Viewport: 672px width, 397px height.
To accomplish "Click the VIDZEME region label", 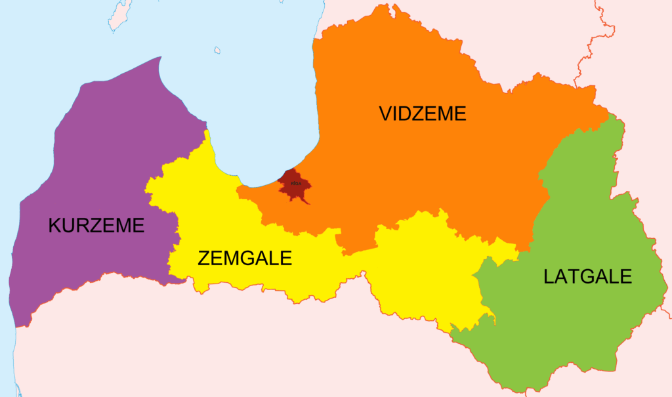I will coord(423,114).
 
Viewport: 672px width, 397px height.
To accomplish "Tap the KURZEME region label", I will coord(96,226).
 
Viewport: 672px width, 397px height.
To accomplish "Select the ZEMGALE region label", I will coord(244,258).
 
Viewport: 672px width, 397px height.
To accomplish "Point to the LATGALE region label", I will coord(587,276).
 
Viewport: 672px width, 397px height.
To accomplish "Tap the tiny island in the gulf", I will coord(217,50).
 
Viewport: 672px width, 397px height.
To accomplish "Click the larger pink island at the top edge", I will coord(120,15).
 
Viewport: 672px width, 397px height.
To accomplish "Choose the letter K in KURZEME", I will coord(55,226).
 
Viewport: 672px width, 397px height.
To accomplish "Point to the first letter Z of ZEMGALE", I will coord(204,258).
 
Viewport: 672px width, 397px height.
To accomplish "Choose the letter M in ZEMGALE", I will coord(233,258).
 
